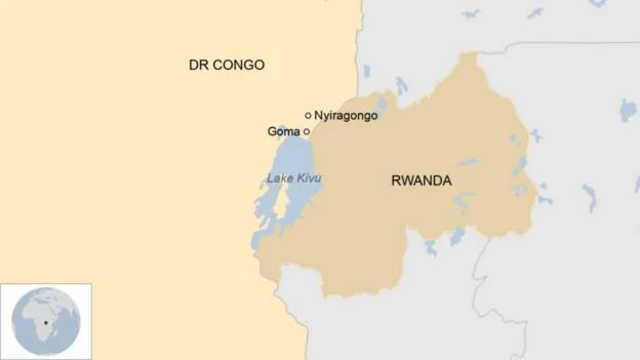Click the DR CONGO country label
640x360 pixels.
click(227, 65)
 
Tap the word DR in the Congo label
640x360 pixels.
click(198, 65)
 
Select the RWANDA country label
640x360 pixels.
click(421, 181)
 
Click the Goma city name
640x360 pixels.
click(283, 131)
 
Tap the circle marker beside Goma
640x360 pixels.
click(306, 131)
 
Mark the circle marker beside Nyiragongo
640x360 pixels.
click(308, 115)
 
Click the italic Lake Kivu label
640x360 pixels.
click(294, 179)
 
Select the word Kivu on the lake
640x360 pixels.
click(308, 179)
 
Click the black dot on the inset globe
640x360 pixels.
click(45, 322)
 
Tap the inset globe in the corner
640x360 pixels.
click(46, 321)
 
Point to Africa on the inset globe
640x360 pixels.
click(40, 318)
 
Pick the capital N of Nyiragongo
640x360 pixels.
click(319, 116)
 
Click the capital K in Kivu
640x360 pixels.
click(299, 179)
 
